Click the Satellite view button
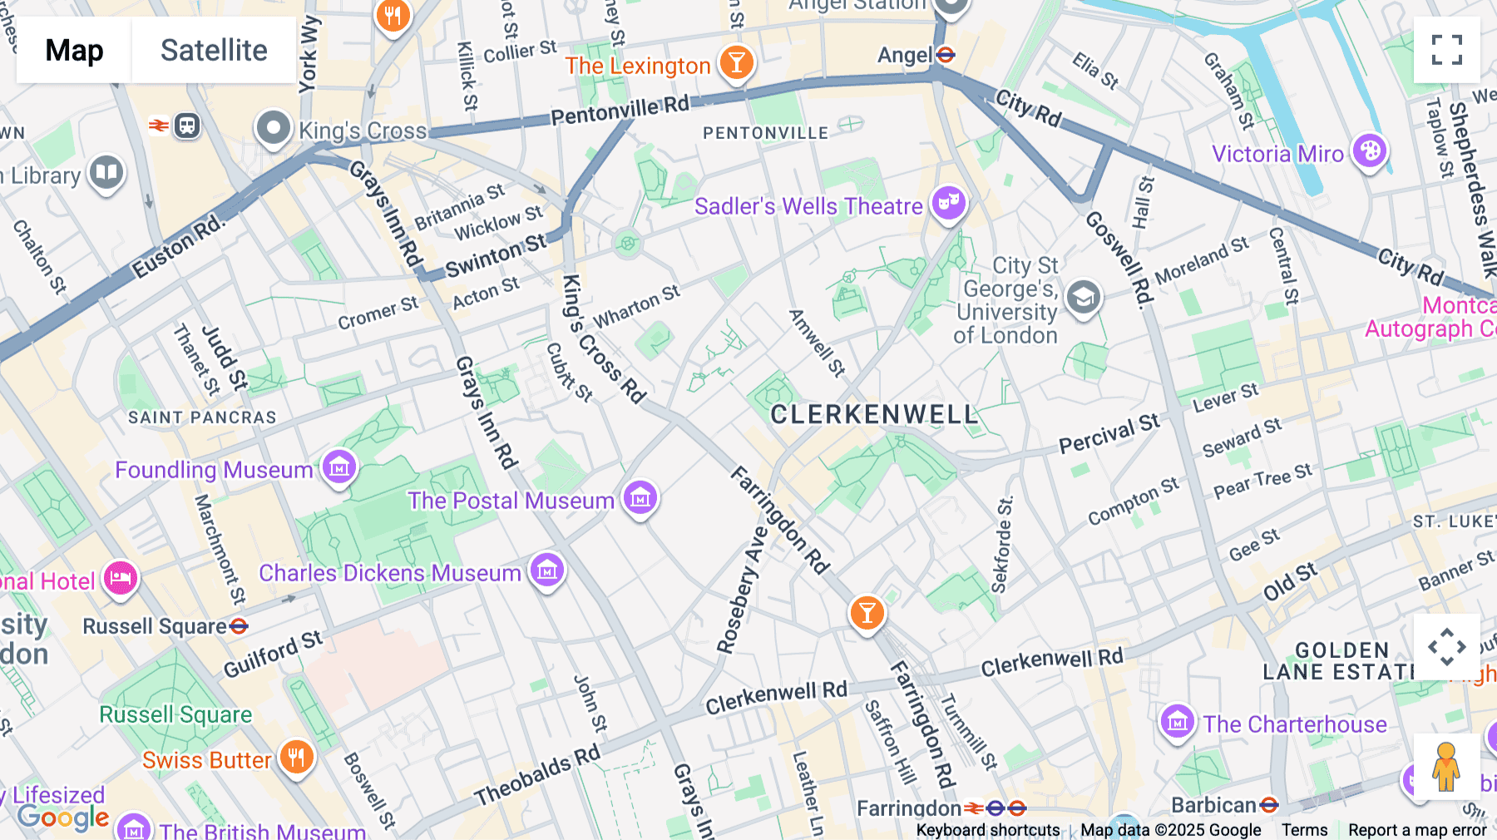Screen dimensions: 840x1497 coord(214,50)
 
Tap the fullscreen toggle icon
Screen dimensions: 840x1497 coord(1446,50)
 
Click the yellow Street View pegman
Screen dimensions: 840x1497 coord(1446,767)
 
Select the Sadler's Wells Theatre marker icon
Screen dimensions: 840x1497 coord(948,202)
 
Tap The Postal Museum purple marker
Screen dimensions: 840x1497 coord(640,497)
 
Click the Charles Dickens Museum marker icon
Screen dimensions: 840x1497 coord(547,570)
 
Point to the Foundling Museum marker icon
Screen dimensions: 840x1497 coord(339,467)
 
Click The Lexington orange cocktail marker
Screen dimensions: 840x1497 coord(736,62)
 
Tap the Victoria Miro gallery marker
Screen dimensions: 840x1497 coord(1369,151)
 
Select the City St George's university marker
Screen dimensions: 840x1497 coord(1083,297)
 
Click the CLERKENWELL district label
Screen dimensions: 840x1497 coord(874,414)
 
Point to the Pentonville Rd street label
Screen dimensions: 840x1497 coord(620,110)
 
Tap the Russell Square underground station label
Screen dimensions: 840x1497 coord(156,626)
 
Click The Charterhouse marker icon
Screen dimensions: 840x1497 coord(1177,721)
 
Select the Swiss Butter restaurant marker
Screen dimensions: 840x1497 coord(296,757)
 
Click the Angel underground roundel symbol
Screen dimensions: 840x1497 coord(946,55)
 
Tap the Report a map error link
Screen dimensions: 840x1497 coord(1417,830)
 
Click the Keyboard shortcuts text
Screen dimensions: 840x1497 coord(987,830)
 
